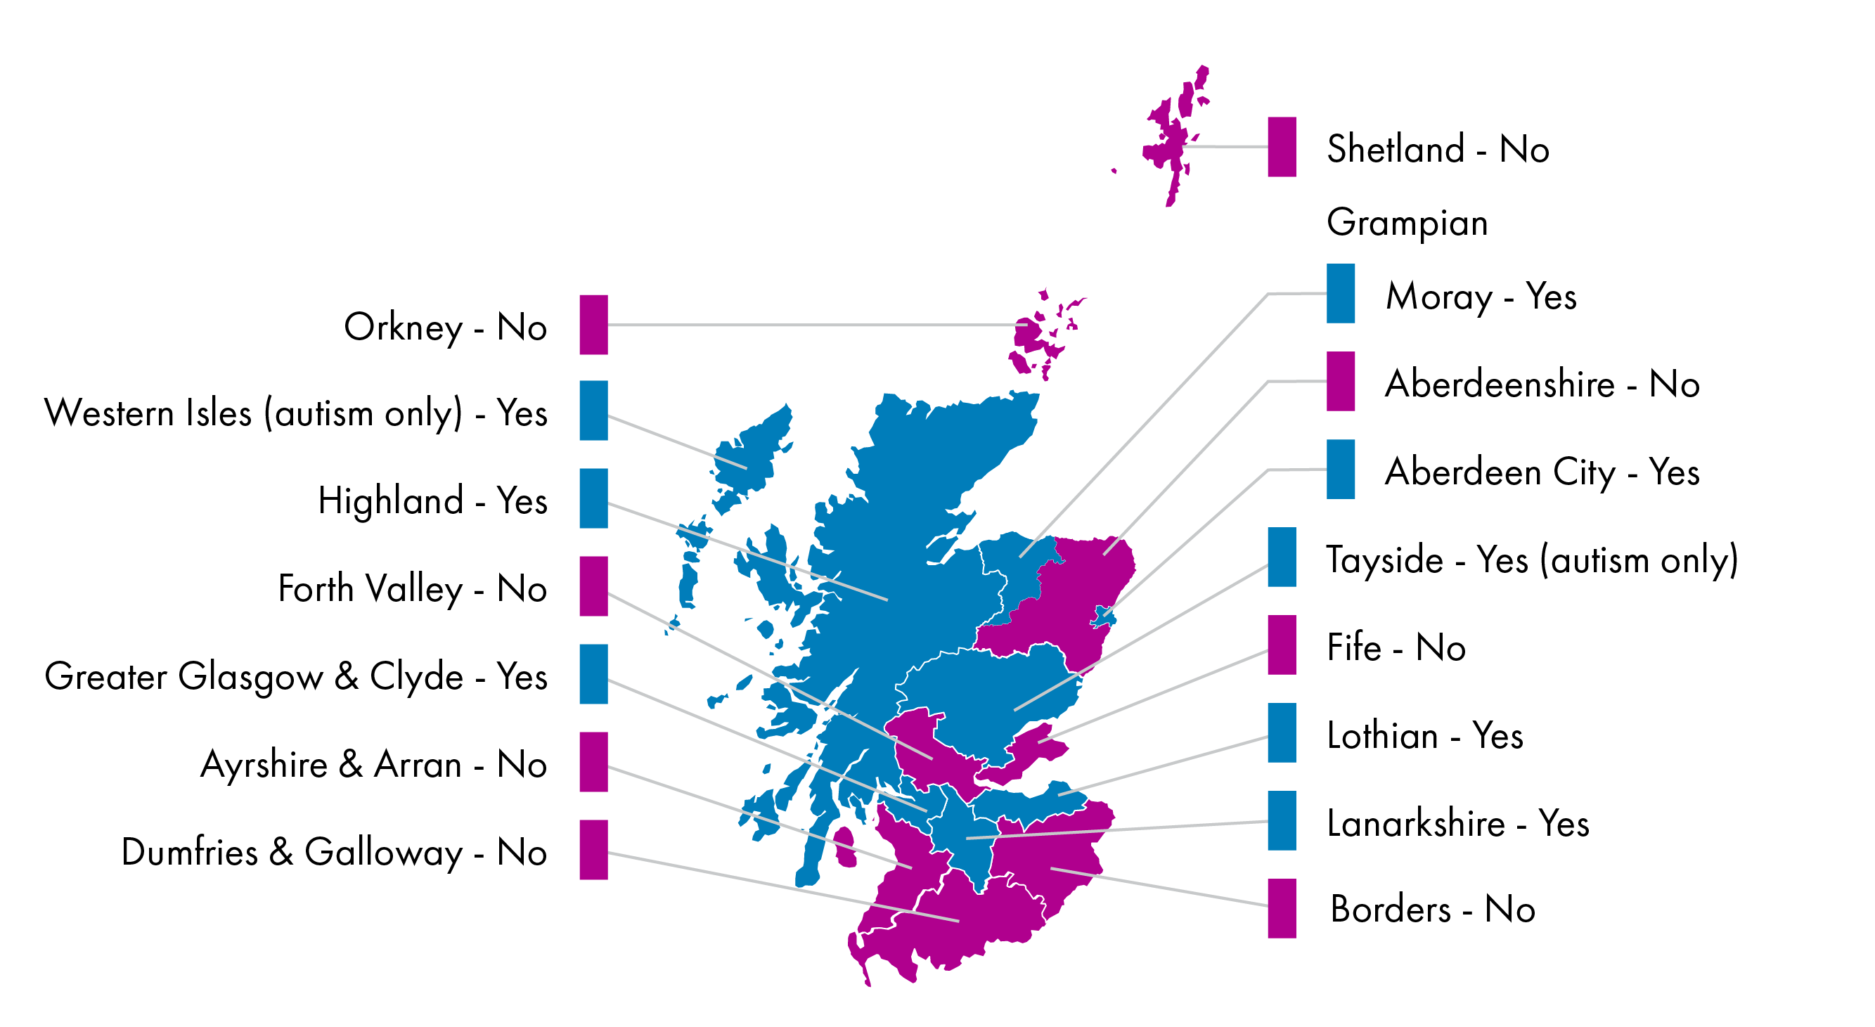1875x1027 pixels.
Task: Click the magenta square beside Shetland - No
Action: pos(1281,146)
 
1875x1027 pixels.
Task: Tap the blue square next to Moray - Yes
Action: pos(1340,292)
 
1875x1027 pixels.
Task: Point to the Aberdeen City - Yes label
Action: pos(1542,471)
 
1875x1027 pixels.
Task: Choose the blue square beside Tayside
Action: pos(1281,556)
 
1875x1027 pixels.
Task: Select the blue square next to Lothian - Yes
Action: pos(1281,732)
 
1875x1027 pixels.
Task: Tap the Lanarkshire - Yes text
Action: pos(1457,822)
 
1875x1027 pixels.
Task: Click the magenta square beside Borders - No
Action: pos(1281,907)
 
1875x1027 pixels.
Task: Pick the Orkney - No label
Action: pos(445,327)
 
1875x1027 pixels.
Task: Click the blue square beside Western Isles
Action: pos(593,410)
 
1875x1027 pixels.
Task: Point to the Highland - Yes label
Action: pos(432,500)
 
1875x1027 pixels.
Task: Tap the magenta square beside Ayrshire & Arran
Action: pos(593,761)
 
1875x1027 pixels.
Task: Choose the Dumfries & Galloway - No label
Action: pos(333,851)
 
